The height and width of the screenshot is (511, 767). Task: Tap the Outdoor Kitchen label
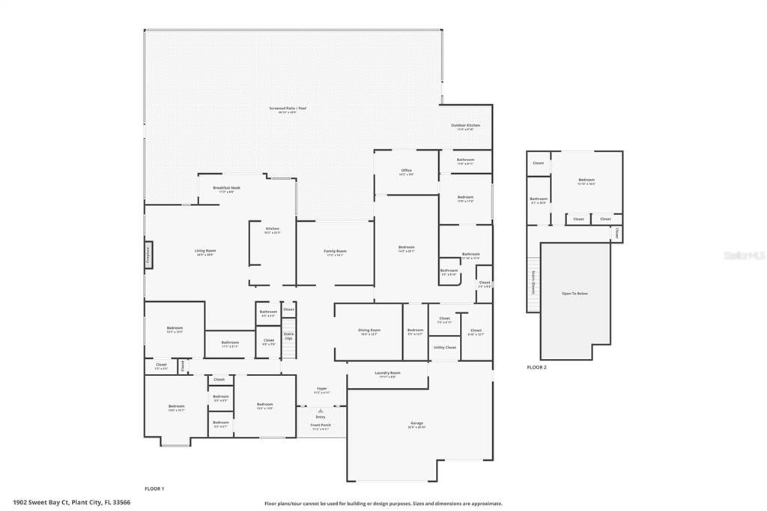click(465, 127)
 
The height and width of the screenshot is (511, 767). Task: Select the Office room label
click(406, 172)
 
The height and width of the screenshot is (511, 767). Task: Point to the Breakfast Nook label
click(226, 189)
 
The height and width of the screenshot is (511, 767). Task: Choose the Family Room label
click(335, 252)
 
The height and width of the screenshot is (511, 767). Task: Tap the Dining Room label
click(369, 331)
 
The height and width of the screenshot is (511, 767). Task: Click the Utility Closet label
click(445, 348)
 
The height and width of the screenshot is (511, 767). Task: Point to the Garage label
click(416, 424)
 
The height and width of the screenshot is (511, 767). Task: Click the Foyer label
click(321, 390)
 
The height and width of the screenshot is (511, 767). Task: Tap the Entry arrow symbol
click(321, 411)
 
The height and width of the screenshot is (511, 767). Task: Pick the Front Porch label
click(321, 426)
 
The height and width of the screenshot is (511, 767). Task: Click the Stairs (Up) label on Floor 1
click(288, 336)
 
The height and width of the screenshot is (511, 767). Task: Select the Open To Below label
click(575, 293)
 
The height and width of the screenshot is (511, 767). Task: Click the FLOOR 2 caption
click(536, 367)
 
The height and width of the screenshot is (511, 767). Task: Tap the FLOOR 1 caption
click(154, 489)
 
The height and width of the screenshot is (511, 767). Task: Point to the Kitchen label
click(273, 229)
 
